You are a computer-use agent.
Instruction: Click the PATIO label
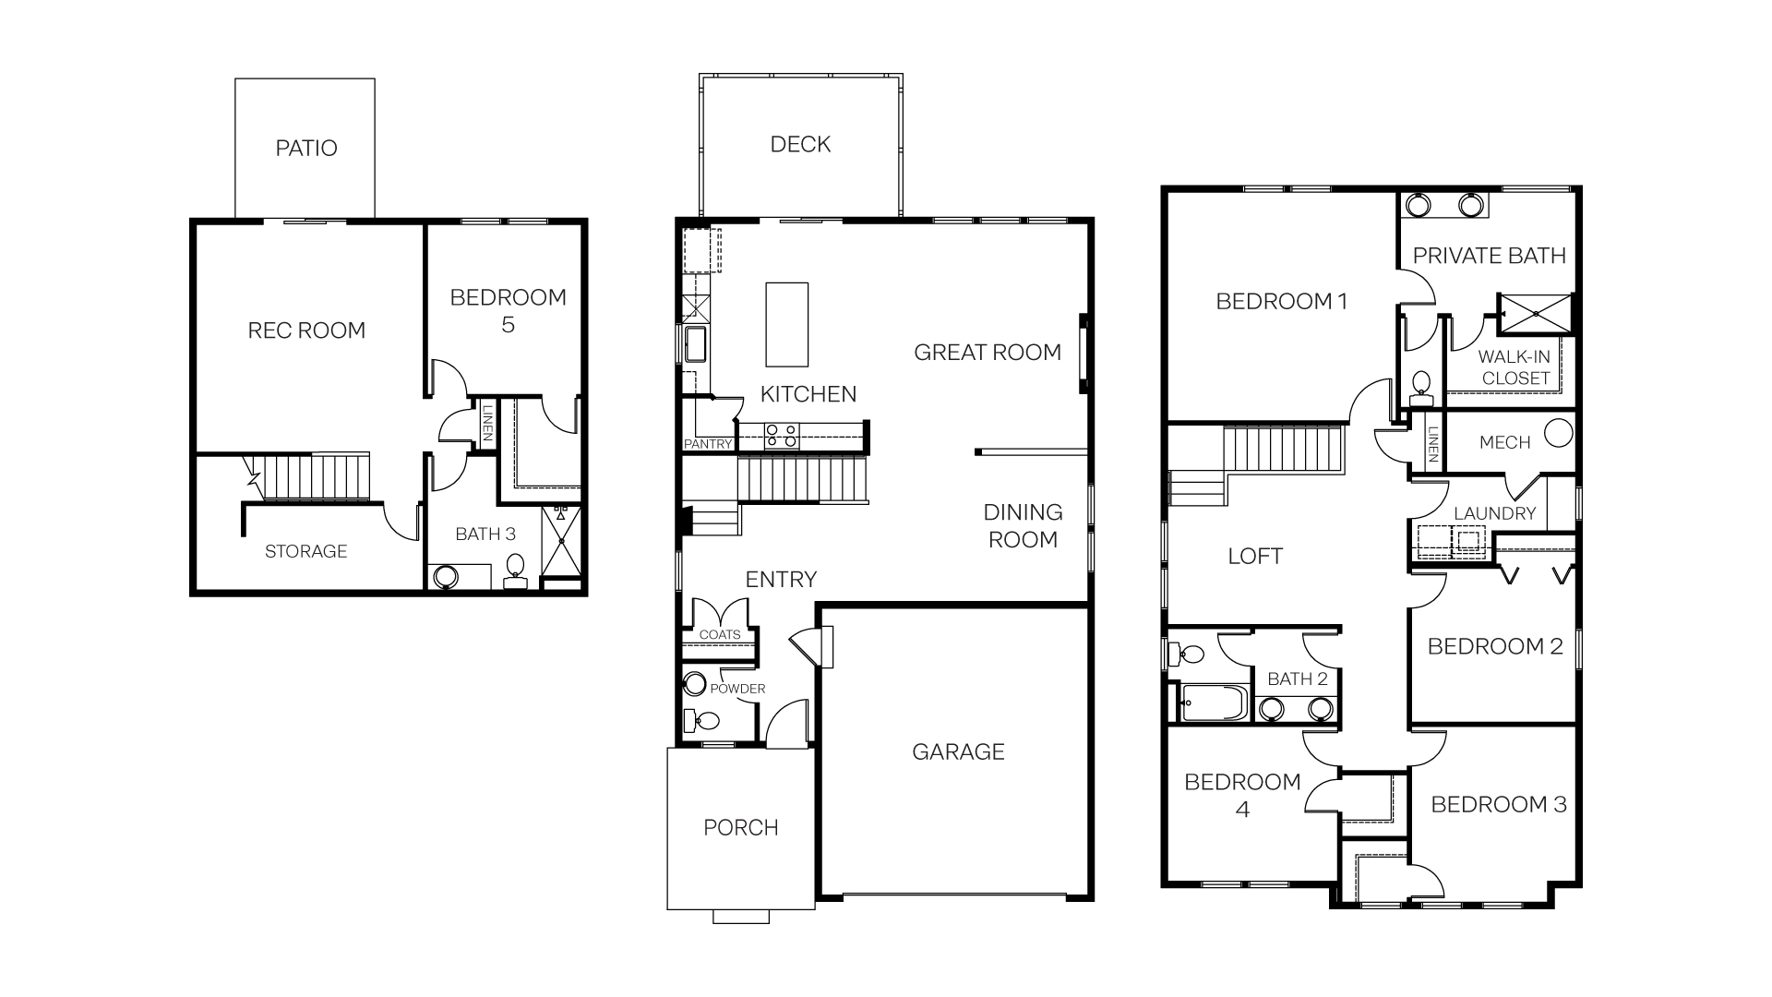[306, 148]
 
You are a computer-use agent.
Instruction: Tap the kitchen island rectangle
[786, 325]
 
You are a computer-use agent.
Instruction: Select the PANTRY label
[708, 444]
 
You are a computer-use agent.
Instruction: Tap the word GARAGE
[958, 751]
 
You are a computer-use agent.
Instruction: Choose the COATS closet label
[719, 634]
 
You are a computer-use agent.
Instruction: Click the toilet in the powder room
[705, 719]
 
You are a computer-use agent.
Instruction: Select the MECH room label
[1504, 442]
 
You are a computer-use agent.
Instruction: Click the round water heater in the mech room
[1558, 434]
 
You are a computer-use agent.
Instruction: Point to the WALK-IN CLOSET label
[1515, 367]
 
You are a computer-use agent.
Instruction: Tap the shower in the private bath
[1535, 313]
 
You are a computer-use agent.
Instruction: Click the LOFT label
[1255, 556]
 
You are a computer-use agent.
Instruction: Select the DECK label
[800, 144]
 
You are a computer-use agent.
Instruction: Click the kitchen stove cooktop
[781, 436]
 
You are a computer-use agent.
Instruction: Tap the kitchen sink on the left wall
[694, 344]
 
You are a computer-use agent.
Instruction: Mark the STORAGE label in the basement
[305, 551]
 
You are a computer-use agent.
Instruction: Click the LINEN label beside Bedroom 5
[486, 424]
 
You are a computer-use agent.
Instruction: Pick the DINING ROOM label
[1023, 525]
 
